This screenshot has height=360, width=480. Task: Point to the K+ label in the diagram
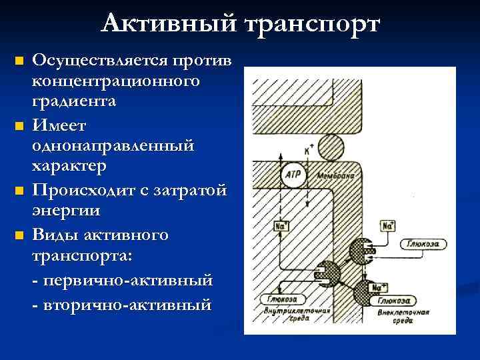309,151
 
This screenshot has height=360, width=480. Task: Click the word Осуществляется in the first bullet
100,61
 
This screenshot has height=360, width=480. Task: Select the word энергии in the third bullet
66,211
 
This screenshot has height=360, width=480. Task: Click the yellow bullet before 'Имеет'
19,125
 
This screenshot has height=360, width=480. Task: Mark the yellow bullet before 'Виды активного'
19,235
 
